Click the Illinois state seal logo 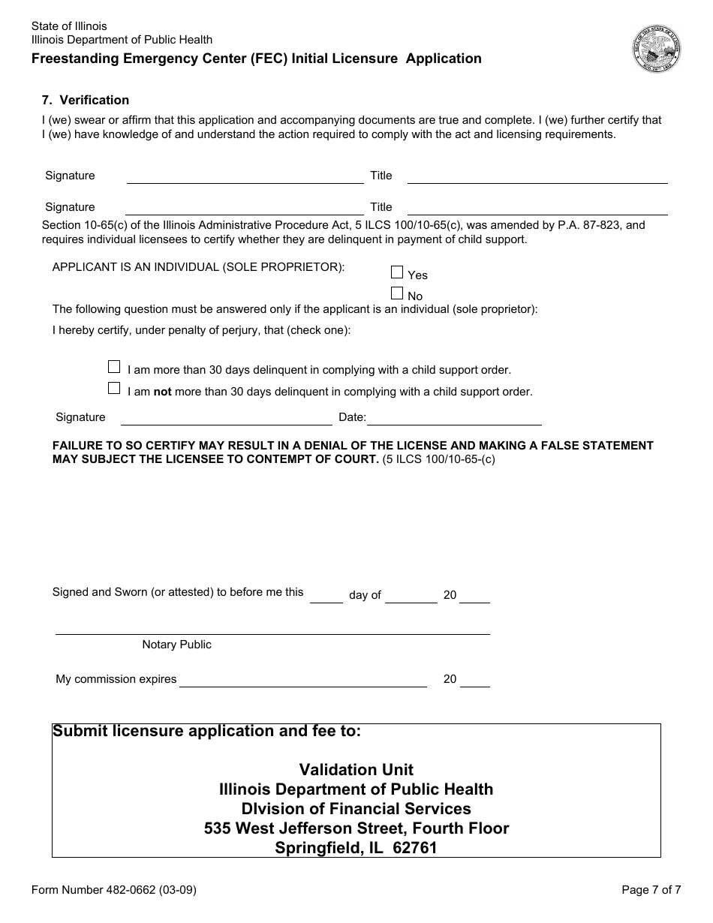point(656,49)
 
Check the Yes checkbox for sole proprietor point(397,272)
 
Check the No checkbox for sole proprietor point(397,293)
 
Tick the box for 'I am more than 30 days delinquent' point(114,367)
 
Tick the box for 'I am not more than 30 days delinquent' point(114,388)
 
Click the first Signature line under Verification point(245,177)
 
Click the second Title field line point(537,209)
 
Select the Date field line point(454,419)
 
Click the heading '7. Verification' point(86,100)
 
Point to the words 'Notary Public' point(177,645)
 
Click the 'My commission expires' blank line point(302,681)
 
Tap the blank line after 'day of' point(411,597)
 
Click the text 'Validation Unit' point(356,769)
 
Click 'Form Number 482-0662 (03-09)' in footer point(114,891)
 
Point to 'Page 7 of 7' point(651,891)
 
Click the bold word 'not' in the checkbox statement point(163,391)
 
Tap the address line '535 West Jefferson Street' point(356,828)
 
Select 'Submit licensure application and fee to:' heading point(206,731)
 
